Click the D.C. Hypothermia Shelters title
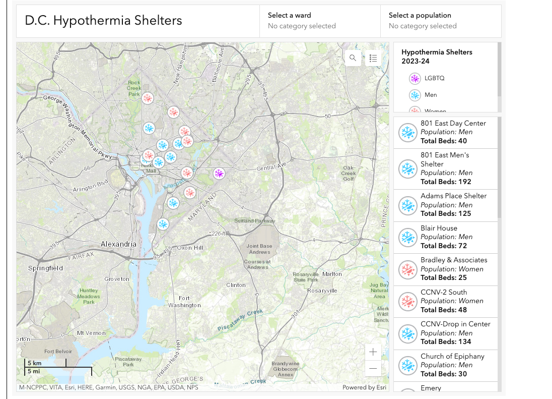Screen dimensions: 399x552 [103, 21]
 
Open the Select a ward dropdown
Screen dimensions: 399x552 [319, 21]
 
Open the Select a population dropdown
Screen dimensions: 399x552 [440, 21]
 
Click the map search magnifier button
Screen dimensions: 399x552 [353, 58]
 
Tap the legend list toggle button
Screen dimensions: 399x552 [373, 58]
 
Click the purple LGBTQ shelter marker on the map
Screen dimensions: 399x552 [219, 174]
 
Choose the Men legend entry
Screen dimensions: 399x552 [431, 95]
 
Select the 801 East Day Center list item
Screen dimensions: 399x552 [445, 132]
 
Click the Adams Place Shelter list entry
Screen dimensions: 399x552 [445, 205]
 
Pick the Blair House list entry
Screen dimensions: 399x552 [445, 237]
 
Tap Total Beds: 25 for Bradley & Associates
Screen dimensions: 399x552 [444, 277]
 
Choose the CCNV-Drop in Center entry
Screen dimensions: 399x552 [445, 333]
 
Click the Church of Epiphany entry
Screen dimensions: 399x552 [445, 365]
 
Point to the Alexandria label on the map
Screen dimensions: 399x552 [118, 244]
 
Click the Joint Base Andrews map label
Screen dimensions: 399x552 [259, 249]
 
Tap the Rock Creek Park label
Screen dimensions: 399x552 [134, 88]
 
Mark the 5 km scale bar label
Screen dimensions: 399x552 [34, 363]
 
